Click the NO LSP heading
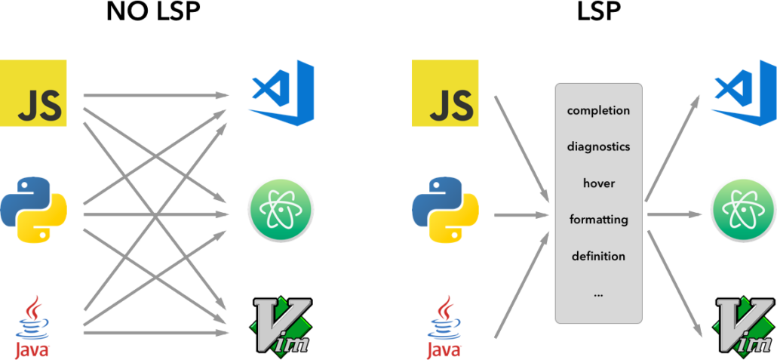[156, 13]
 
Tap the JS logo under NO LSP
[33, 94]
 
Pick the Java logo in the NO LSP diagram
[32, 326]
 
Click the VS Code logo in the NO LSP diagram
[281, 93]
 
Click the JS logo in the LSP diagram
[446, 94]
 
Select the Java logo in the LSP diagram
[444, 326]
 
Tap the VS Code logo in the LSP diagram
[744, 93]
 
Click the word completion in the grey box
[598, 110]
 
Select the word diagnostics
[598, 146]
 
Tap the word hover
[598, 183]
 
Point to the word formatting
[598, 220]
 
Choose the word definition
[598, 257]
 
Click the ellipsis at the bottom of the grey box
[598, 295]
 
